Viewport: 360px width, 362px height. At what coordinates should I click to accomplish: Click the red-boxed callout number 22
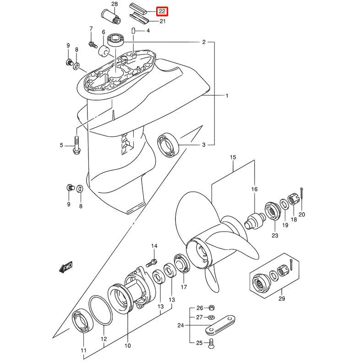coord(162,11)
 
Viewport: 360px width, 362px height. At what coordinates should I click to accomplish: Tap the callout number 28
coord(115,4)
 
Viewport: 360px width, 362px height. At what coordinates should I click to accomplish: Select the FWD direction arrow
coord(66,267)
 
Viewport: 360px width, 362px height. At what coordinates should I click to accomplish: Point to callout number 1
coord(226,96)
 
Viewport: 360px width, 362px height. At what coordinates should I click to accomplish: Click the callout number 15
coord(233,157)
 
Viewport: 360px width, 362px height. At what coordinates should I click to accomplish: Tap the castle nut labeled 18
coord(293,200)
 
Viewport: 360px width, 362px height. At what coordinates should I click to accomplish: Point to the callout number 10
coord(127,346)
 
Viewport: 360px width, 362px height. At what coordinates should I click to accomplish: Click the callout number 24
coord(180,326)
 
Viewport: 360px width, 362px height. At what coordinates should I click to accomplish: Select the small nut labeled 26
coord(211,307)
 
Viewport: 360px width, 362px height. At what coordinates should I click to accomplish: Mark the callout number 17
coord(184,287)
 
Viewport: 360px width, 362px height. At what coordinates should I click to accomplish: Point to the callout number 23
coord(275,236)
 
